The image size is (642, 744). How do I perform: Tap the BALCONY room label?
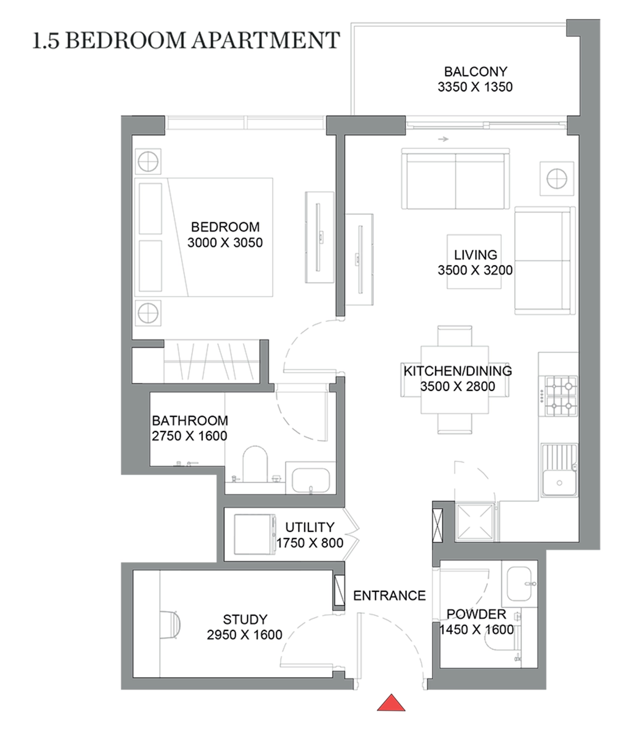(475, 71)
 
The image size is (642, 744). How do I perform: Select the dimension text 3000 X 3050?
(225, 243)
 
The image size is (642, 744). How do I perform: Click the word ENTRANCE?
(389, 596)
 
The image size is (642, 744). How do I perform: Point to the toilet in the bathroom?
(255, 464)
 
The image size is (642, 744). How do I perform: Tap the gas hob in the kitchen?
(561, 396)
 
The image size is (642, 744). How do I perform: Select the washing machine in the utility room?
(255, 535)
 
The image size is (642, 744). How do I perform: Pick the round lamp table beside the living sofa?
(557, 179)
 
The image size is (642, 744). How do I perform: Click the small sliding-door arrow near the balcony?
(443, 139)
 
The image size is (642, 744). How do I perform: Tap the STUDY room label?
(245, 620)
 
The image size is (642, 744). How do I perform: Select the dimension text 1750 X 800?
(309, 543)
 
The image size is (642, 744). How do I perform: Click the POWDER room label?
(476, 614)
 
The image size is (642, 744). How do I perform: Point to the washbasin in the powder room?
(520, 584)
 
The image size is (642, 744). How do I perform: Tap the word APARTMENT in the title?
(266, 40)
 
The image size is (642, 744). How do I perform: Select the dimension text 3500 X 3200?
(475, 270)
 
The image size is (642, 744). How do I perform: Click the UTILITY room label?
(309, 527)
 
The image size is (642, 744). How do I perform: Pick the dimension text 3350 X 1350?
(475, 87)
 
